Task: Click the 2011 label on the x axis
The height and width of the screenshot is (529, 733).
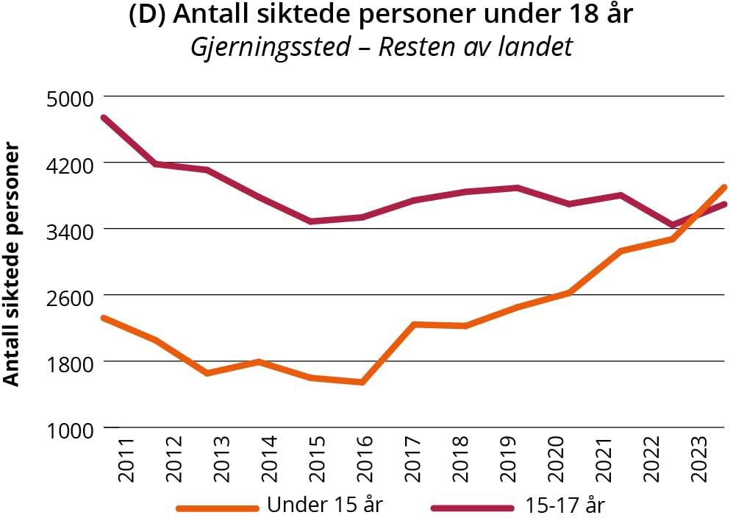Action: tap(126, 460)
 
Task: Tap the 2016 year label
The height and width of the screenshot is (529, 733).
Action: tap(365, 460)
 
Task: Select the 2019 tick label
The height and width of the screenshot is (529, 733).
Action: tap(507, 460)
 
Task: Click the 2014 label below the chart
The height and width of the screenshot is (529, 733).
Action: tap(269, 460)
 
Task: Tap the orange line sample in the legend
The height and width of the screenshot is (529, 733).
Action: tap(218, 507)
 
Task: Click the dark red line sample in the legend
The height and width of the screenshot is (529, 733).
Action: tap(471, 507)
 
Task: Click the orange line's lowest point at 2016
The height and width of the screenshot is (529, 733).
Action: tap(363, 382)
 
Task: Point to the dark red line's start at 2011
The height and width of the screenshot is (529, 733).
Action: tap(104, 117)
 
